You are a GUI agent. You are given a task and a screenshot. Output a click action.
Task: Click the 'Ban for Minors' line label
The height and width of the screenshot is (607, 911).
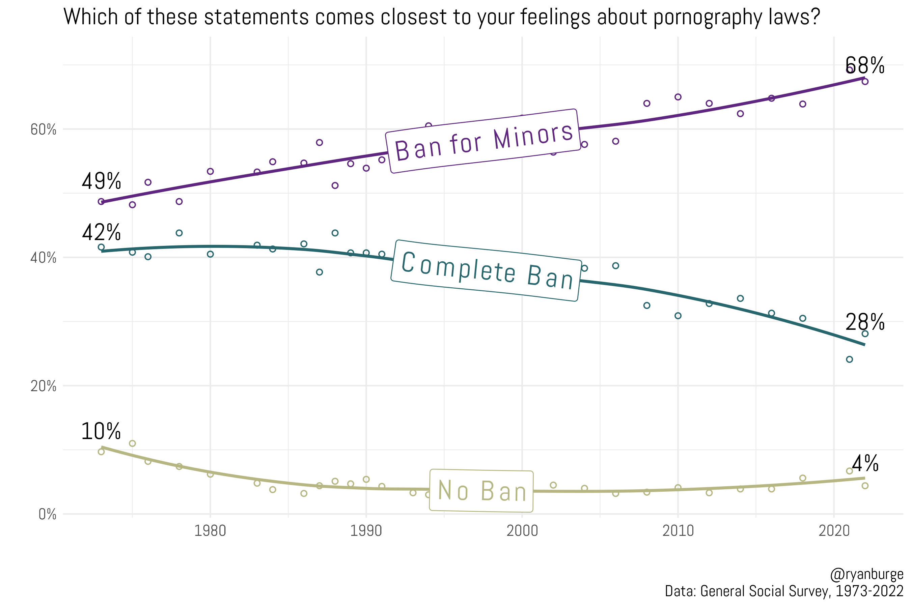483,141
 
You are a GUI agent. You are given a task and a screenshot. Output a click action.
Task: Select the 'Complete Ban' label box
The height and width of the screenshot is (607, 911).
486,270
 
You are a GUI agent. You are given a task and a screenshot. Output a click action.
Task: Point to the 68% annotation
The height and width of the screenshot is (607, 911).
864,65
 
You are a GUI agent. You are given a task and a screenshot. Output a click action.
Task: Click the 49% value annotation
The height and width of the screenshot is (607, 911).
101,181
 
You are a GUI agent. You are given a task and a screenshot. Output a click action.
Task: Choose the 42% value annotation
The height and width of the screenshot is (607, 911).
101,233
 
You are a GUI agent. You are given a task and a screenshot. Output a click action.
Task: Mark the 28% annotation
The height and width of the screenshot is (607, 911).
864,322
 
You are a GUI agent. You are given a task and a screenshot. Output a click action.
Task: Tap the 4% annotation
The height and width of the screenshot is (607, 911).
865,463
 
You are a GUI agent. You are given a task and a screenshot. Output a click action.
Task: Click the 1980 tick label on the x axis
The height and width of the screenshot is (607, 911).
210,531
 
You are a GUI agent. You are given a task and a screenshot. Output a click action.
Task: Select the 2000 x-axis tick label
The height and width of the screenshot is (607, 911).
522,531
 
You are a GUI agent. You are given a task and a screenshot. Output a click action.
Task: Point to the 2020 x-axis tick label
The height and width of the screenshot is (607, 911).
834,531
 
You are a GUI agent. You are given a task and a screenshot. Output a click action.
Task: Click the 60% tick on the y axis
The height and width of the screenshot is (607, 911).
44,130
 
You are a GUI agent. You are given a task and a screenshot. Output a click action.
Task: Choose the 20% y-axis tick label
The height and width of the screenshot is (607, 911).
44,386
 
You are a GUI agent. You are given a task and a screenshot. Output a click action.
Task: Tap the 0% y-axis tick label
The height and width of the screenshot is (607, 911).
47,515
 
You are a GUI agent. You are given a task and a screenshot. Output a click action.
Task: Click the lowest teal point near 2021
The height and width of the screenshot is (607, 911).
849,359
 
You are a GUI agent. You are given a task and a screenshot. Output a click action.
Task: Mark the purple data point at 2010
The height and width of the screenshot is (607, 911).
678,97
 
